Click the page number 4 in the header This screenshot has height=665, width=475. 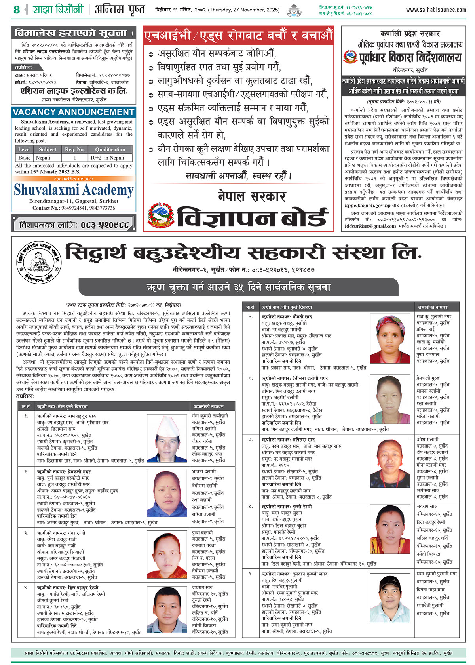click(x=17, y=10)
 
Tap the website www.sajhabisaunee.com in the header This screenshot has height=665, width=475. click(x=436, y=10)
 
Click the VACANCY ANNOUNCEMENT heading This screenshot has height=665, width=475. click(x=74, y=112)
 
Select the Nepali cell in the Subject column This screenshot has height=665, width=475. click(x=43, y=157)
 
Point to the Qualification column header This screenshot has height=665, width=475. click(x=110, y=149)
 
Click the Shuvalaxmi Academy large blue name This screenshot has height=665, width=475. click(x=74, y=190)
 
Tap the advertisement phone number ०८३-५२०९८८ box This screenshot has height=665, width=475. click(x=74, y=225)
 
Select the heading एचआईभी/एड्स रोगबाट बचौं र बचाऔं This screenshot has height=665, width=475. click(x=238, y=35)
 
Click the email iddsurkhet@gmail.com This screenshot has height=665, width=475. click(x=370, y=226)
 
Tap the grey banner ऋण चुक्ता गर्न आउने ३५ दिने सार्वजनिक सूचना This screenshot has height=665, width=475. click(x=238, y=287)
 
